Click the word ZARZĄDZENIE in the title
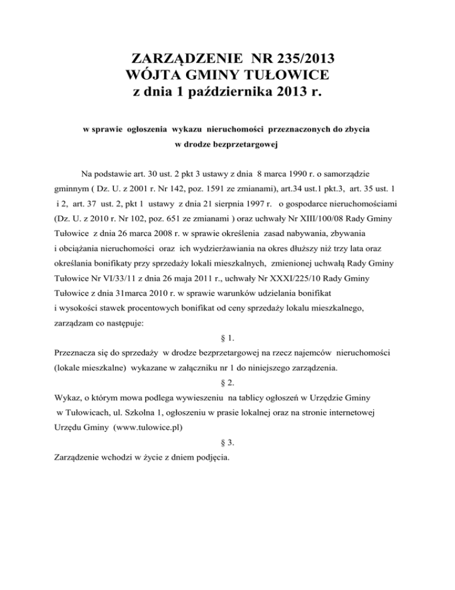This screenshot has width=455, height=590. point(182,59)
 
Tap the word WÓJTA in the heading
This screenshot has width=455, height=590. point(153,76)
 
